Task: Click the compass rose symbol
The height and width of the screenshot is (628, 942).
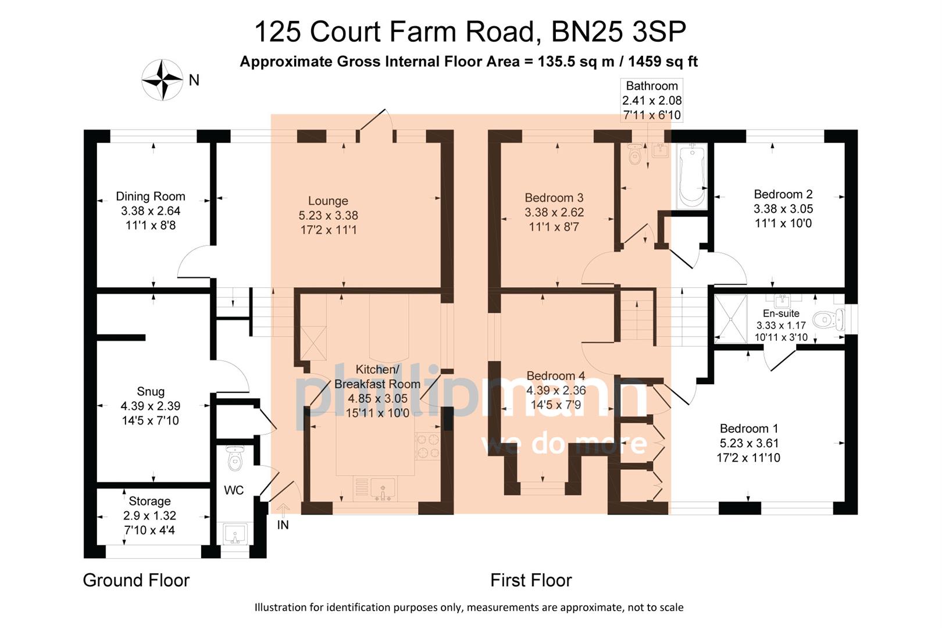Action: pyautogui.click(x=163, y=80)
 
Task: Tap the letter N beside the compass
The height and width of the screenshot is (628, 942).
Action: pyautogui.click(x=194, y=80)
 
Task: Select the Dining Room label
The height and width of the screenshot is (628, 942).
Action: pyautogui.click(x=150, y=197)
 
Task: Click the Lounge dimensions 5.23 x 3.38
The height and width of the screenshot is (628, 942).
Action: pyautogui.click(x=328, y=216)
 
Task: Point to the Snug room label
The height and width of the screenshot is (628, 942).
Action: pyautogui.click(x=151, y=391)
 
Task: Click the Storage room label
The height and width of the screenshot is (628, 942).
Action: pyautogui.click(x=149, y=501)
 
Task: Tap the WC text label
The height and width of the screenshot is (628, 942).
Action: pyautogui.click(x=234, y=491)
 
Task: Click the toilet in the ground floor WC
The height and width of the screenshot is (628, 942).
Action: pyautogui.click(x=234, y=459)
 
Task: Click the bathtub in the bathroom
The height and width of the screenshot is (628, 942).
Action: pyautogui.click(x=692, y=176)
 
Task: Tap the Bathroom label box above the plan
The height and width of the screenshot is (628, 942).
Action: pyautogui.click(x=652, y=100)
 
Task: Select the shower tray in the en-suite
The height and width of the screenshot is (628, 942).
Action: pyautogui.click(x=730, y=319)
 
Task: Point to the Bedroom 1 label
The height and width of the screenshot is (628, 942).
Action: pyautogui.click(x=748, y=429)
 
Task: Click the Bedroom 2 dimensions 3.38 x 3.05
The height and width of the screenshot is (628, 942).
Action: pyautogui.click(x=783, y=209)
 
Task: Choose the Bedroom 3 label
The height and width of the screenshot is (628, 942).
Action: pyautogui.click(x=554, y=198)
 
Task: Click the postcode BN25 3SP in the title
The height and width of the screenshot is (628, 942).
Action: pyautogui.click(x=618, y=31)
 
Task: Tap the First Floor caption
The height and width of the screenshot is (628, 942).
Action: pyautogui.click(x=531, y=580)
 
